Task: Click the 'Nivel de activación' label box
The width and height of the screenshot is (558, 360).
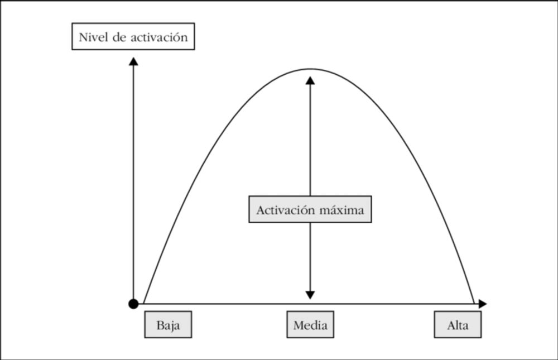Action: [133, 36]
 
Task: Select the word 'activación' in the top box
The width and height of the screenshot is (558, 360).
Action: [159, 37]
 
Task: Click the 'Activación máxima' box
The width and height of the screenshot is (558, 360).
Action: [310, 209]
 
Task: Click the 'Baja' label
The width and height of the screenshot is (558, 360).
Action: [168, 325]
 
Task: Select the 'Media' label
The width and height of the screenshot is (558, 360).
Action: [310, 325]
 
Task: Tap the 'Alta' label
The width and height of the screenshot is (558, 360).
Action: [458, 325]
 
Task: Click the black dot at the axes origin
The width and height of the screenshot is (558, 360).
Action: [133, 304]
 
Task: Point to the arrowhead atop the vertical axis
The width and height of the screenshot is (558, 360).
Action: [133, 61]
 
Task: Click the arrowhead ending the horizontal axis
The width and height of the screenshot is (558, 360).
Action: [483, 304]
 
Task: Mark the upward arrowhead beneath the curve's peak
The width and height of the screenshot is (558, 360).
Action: [310, 80]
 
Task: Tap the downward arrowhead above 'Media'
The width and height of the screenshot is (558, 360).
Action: [310, 295]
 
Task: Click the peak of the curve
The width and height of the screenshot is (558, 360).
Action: [310, 69]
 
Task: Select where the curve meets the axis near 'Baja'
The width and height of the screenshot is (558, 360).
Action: [143, 304]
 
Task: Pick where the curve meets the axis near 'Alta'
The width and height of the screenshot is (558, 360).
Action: [475, 304]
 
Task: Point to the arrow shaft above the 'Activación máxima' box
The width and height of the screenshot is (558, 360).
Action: [310, 140]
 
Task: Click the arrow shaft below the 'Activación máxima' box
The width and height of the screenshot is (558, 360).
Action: [310, 257]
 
